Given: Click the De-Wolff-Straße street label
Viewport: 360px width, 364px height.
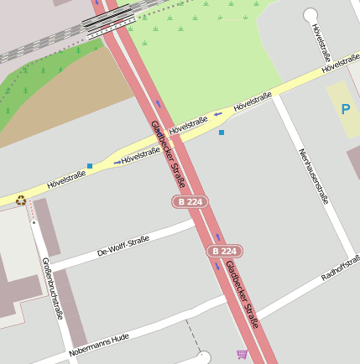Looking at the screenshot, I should [x=123, y=246].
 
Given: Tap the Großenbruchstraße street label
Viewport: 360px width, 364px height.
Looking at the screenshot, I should [x=52, y=289].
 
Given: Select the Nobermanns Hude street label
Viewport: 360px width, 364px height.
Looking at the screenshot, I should [x=99, y=344].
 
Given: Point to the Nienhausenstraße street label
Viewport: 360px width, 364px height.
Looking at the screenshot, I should [x=312, y=176].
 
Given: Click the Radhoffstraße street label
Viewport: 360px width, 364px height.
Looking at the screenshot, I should [x=340, y=264].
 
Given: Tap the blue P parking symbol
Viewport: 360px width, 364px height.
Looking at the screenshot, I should [x=345, y=109].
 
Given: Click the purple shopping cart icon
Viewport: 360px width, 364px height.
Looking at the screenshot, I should [x=243, y=354].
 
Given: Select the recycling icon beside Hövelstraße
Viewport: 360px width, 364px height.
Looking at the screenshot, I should [x=21, y=200].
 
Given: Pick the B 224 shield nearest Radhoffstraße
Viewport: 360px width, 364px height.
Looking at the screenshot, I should [x=224, y=251].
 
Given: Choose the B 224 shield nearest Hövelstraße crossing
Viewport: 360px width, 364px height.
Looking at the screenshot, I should [x=190, y=201].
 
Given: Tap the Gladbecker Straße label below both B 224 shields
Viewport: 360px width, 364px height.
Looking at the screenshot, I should [x=242, y=293].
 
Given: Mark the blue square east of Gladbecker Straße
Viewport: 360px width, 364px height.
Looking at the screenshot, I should [x=222, y=133].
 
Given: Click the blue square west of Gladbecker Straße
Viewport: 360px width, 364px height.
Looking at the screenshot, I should [x=90, y=166].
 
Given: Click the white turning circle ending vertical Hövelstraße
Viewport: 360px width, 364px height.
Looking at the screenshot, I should [x=310, y=14].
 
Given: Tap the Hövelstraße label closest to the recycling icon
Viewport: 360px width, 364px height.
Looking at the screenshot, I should [x=66, y=178].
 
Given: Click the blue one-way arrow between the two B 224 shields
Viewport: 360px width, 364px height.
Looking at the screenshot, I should [x=217, y=237].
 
